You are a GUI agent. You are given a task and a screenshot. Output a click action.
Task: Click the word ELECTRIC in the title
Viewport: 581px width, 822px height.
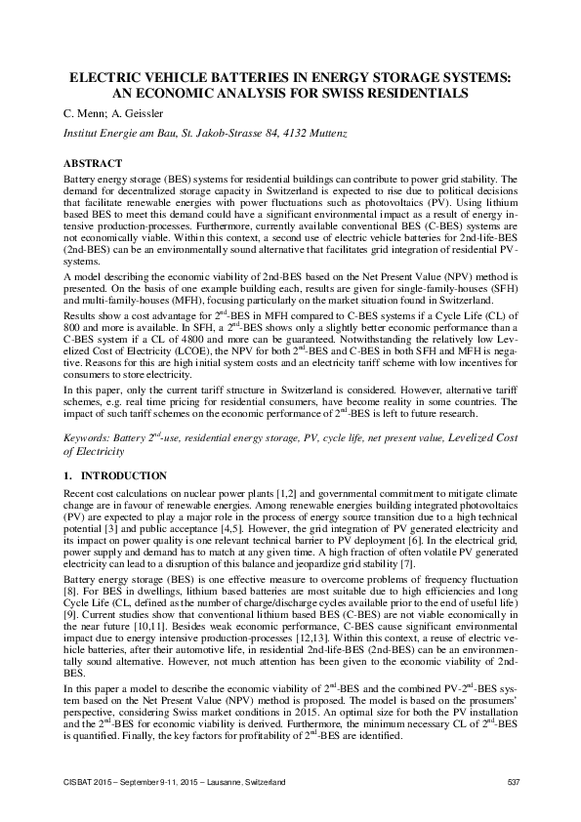104,76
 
